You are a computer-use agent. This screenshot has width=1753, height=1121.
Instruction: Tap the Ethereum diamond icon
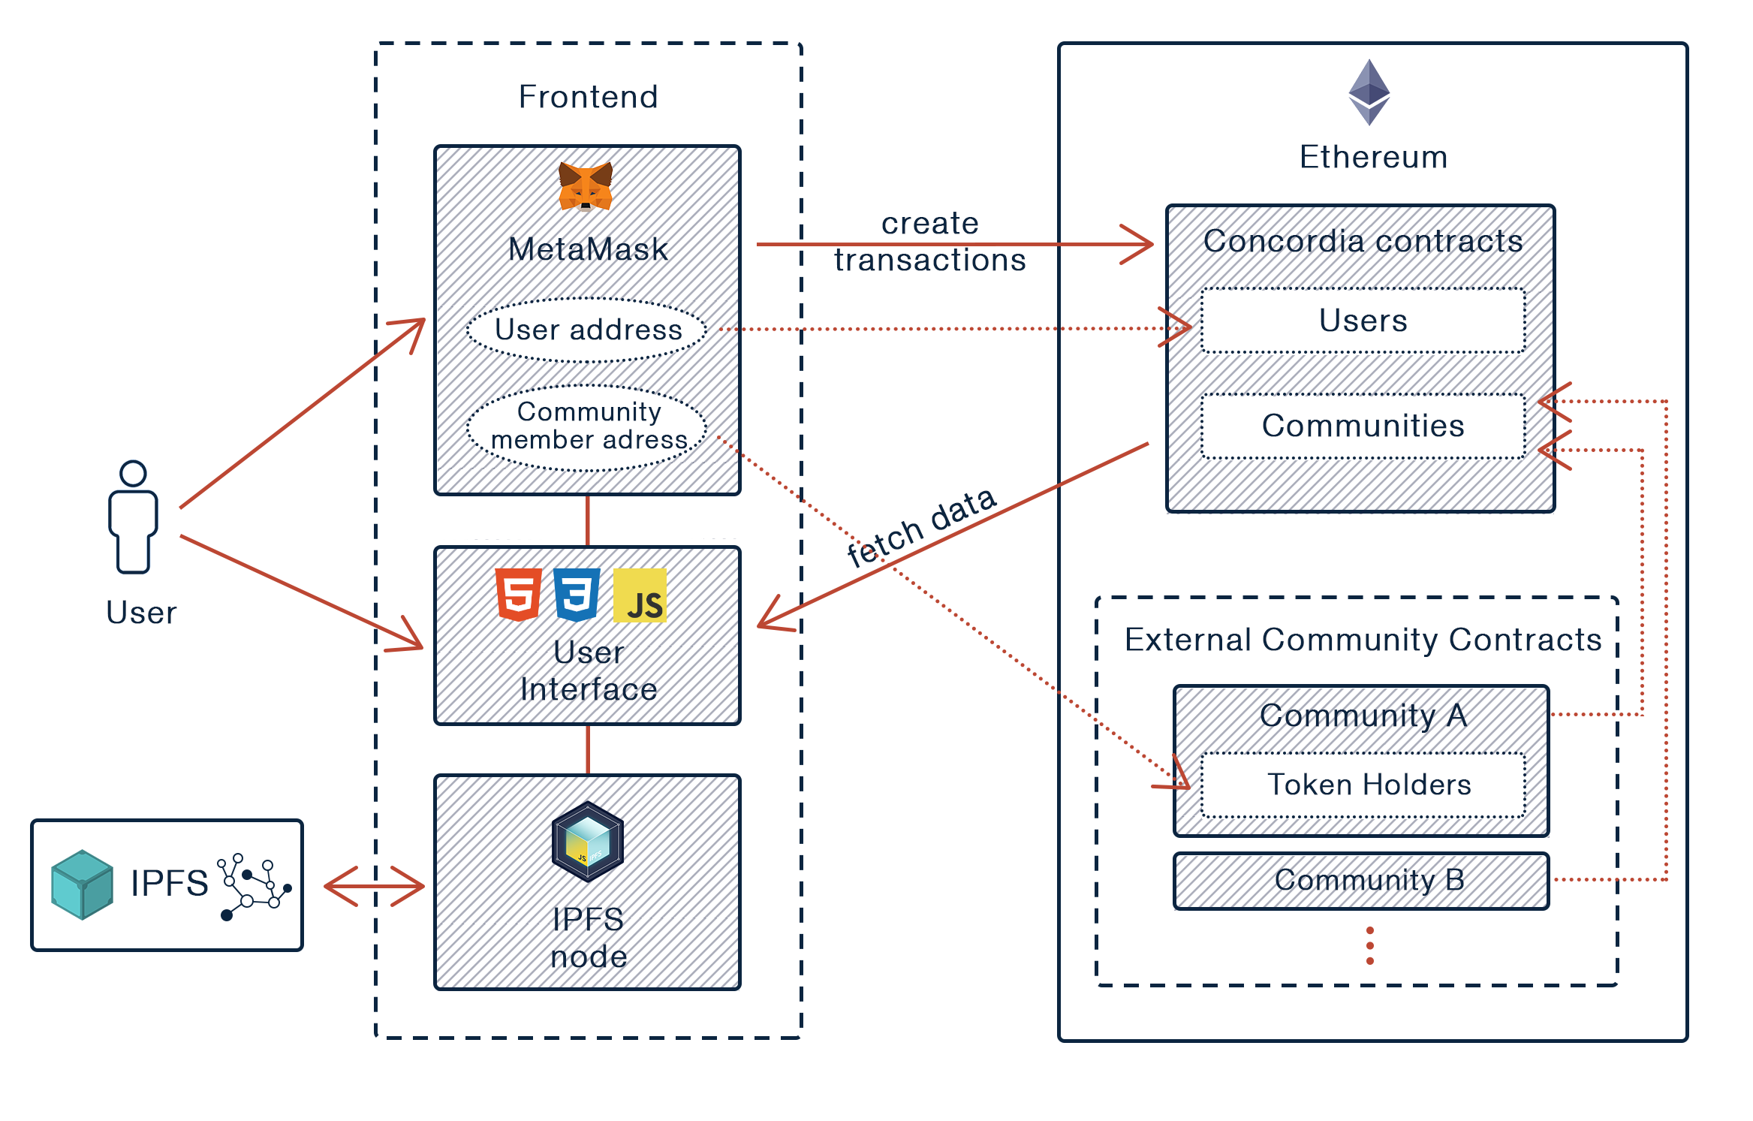click(1369, 92)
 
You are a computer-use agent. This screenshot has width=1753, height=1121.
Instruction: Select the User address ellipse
click(587, 330)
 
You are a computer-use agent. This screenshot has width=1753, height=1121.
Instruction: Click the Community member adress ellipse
click(587, 427)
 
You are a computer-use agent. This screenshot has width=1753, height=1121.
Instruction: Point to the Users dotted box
click(1363, 321)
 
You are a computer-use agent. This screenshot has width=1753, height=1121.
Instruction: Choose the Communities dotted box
click(1363, 426)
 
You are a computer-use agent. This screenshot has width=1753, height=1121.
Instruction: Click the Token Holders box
click(1363, 785)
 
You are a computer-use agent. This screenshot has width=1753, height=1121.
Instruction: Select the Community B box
click(1361, 880)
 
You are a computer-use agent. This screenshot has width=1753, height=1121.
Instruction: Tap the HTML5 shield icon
click(518, 595)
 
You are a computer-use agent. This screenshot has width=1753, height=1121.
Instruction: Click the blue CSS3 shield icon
click(577, 595)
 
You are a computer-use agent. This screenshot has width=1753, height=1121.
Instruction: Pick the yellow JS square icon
click(640, 595)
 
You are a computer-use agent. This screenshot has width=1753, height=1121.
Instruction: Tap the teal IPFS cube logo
click(82, 884)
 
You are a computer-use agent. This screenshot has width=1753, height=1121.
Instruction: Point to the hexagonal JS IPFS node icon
click(587, 841)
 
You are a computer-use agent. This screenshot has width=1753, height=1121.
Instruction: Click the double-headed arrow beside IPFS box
click(374, 886)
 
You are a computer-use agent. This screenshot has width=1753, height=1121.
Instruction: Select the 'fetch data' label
click(922, 527)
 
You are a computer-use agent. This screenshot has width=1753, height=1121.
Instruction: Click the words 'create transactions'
click(929, 242)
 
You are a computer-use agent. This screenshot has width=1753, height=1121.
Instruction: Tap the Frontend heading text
click(588, 97)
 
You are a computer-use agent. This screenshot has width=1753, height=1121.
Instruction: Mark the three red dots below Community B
click(1370, 945)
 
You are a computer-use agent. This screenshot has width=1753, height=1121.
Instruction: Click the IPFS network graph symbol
click(253, 886)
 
